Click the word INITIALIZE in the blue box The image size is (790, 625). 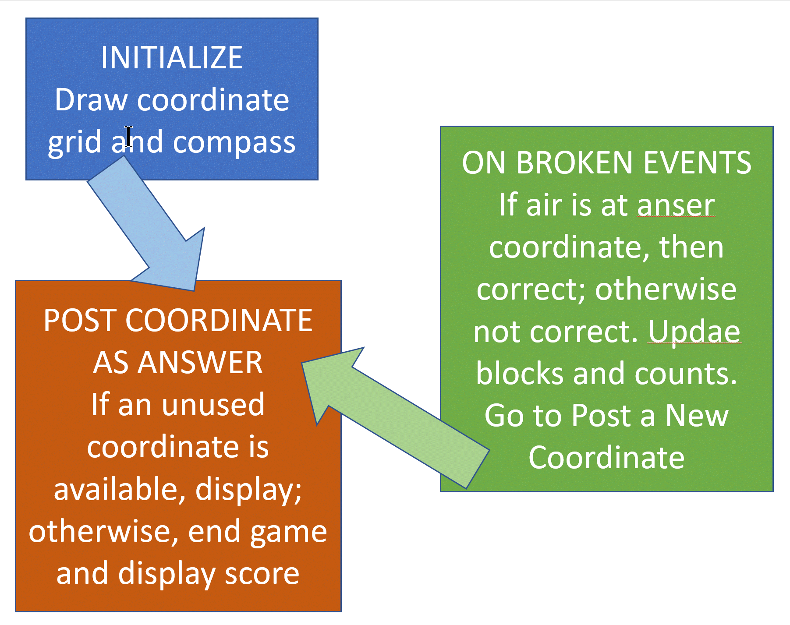[172, 58]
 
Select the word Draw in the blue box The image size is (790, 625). [91, 100]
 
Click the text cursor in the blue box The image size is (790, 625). [128, 137]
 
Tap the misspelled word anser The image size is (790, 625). [676, 206]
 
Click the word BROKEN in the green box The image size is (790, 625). [574, 163]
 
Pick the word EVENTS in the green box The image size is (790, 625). [698, 163]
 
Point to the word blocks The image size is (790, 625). [520, 374]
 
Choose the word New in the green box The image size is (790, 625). [697, 416]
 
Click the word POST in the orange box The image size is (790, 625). [80, 321]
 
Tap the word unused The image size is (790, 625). [213, 405]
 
